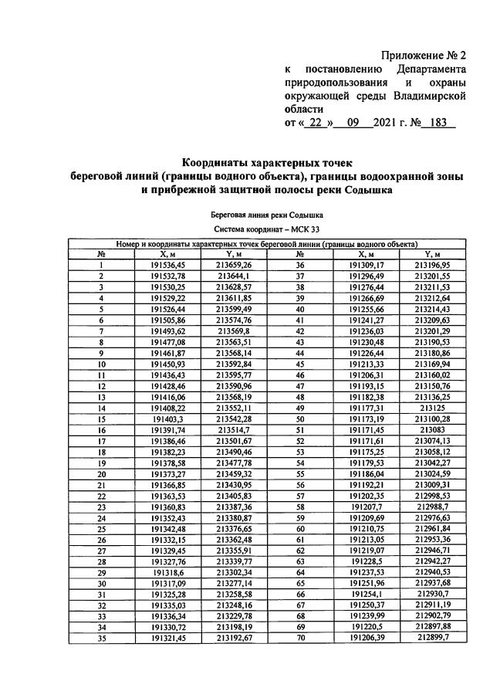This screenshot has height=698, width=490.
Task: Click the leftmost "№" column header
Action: (x=101, y=254)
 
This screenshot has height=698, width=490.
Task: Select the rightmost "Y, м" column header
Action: (x=432, y=254)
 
